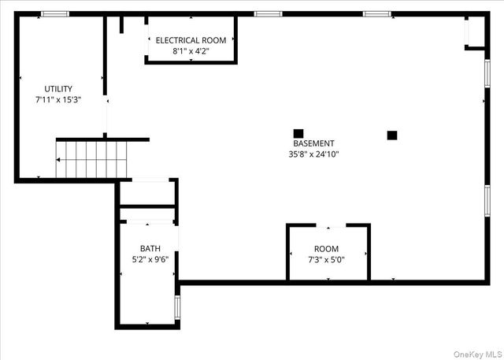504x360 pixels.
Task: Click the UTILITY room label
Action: tap(58, 89)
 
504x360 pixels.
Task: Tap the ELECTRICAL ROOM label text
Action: tap(191, 40)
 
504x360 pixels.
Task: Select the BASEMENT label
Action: tap(313, 143)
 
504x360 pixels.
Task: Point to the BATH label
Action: tap(150, 247)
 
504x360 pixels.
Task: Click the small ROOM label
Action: tap(326, 249)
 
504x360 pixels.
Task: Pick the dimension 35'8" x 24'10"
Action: tap(313, 154)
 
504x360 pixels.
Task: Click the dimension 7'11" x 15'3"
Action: tap(58, 100)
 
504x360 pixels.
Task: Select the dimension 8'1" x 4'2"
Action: tap(191, 51)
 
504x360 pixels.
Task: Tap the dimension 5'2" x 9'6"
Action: tap(150, 258)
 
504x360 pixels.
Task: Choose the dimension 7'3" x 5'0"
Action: tap(326, 260)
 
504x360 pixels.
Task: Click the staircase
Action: tap(91, 160)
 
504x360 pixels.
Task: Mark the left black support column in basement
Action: tap(298, 133)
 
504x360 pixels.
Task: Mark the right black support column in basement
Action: tap(391, 135)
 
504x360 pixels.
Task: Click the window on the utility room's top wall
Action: tap(54, 13)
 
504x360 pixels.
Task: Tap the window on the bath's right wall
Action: tap(177, 308)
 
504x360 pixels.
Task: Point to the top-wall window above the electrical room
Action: tap(268, 13)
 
